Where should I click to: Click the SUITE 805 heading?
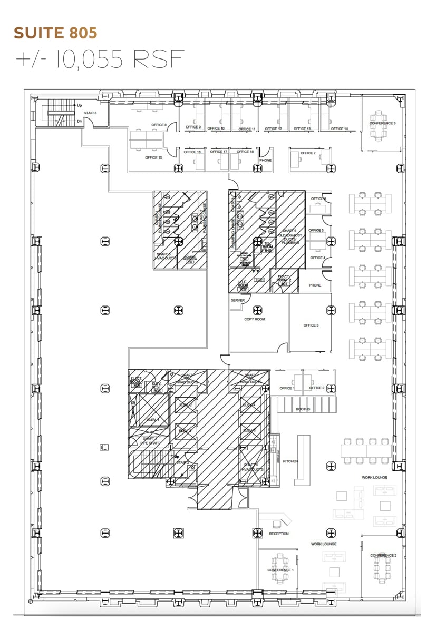[x=56, y=33]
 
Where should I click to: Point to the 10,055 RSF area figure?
[x=100, y=60]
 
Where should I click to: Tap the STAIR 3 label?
[x=90, y=113]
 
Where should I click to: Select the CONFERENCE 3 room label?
[x=382, y=123]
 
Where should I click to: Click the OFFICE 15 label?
[x=153, y=157]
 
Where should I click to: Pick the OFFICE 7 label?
[x=307, y=153]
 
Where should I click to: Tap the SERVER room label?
[x=238, y=300]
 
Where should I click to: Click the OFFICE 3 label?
[x=311, y=325]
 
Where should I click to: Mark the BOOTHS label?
[x=303, y=409]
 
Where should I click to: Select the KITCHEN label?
[x=290, y=461]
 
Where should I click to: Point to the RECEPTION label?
[x=279, y=534]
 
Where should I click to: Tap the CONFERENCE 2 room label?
[x=383, y=555]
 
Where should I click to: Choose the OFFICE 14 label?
[x=339, y=129]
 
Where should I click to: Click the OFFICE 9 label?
[x=193, y=127]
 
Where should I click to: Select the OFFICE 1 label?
[x=287, y=388]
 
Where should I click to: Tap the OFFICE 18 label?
[x=245, y=152]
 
